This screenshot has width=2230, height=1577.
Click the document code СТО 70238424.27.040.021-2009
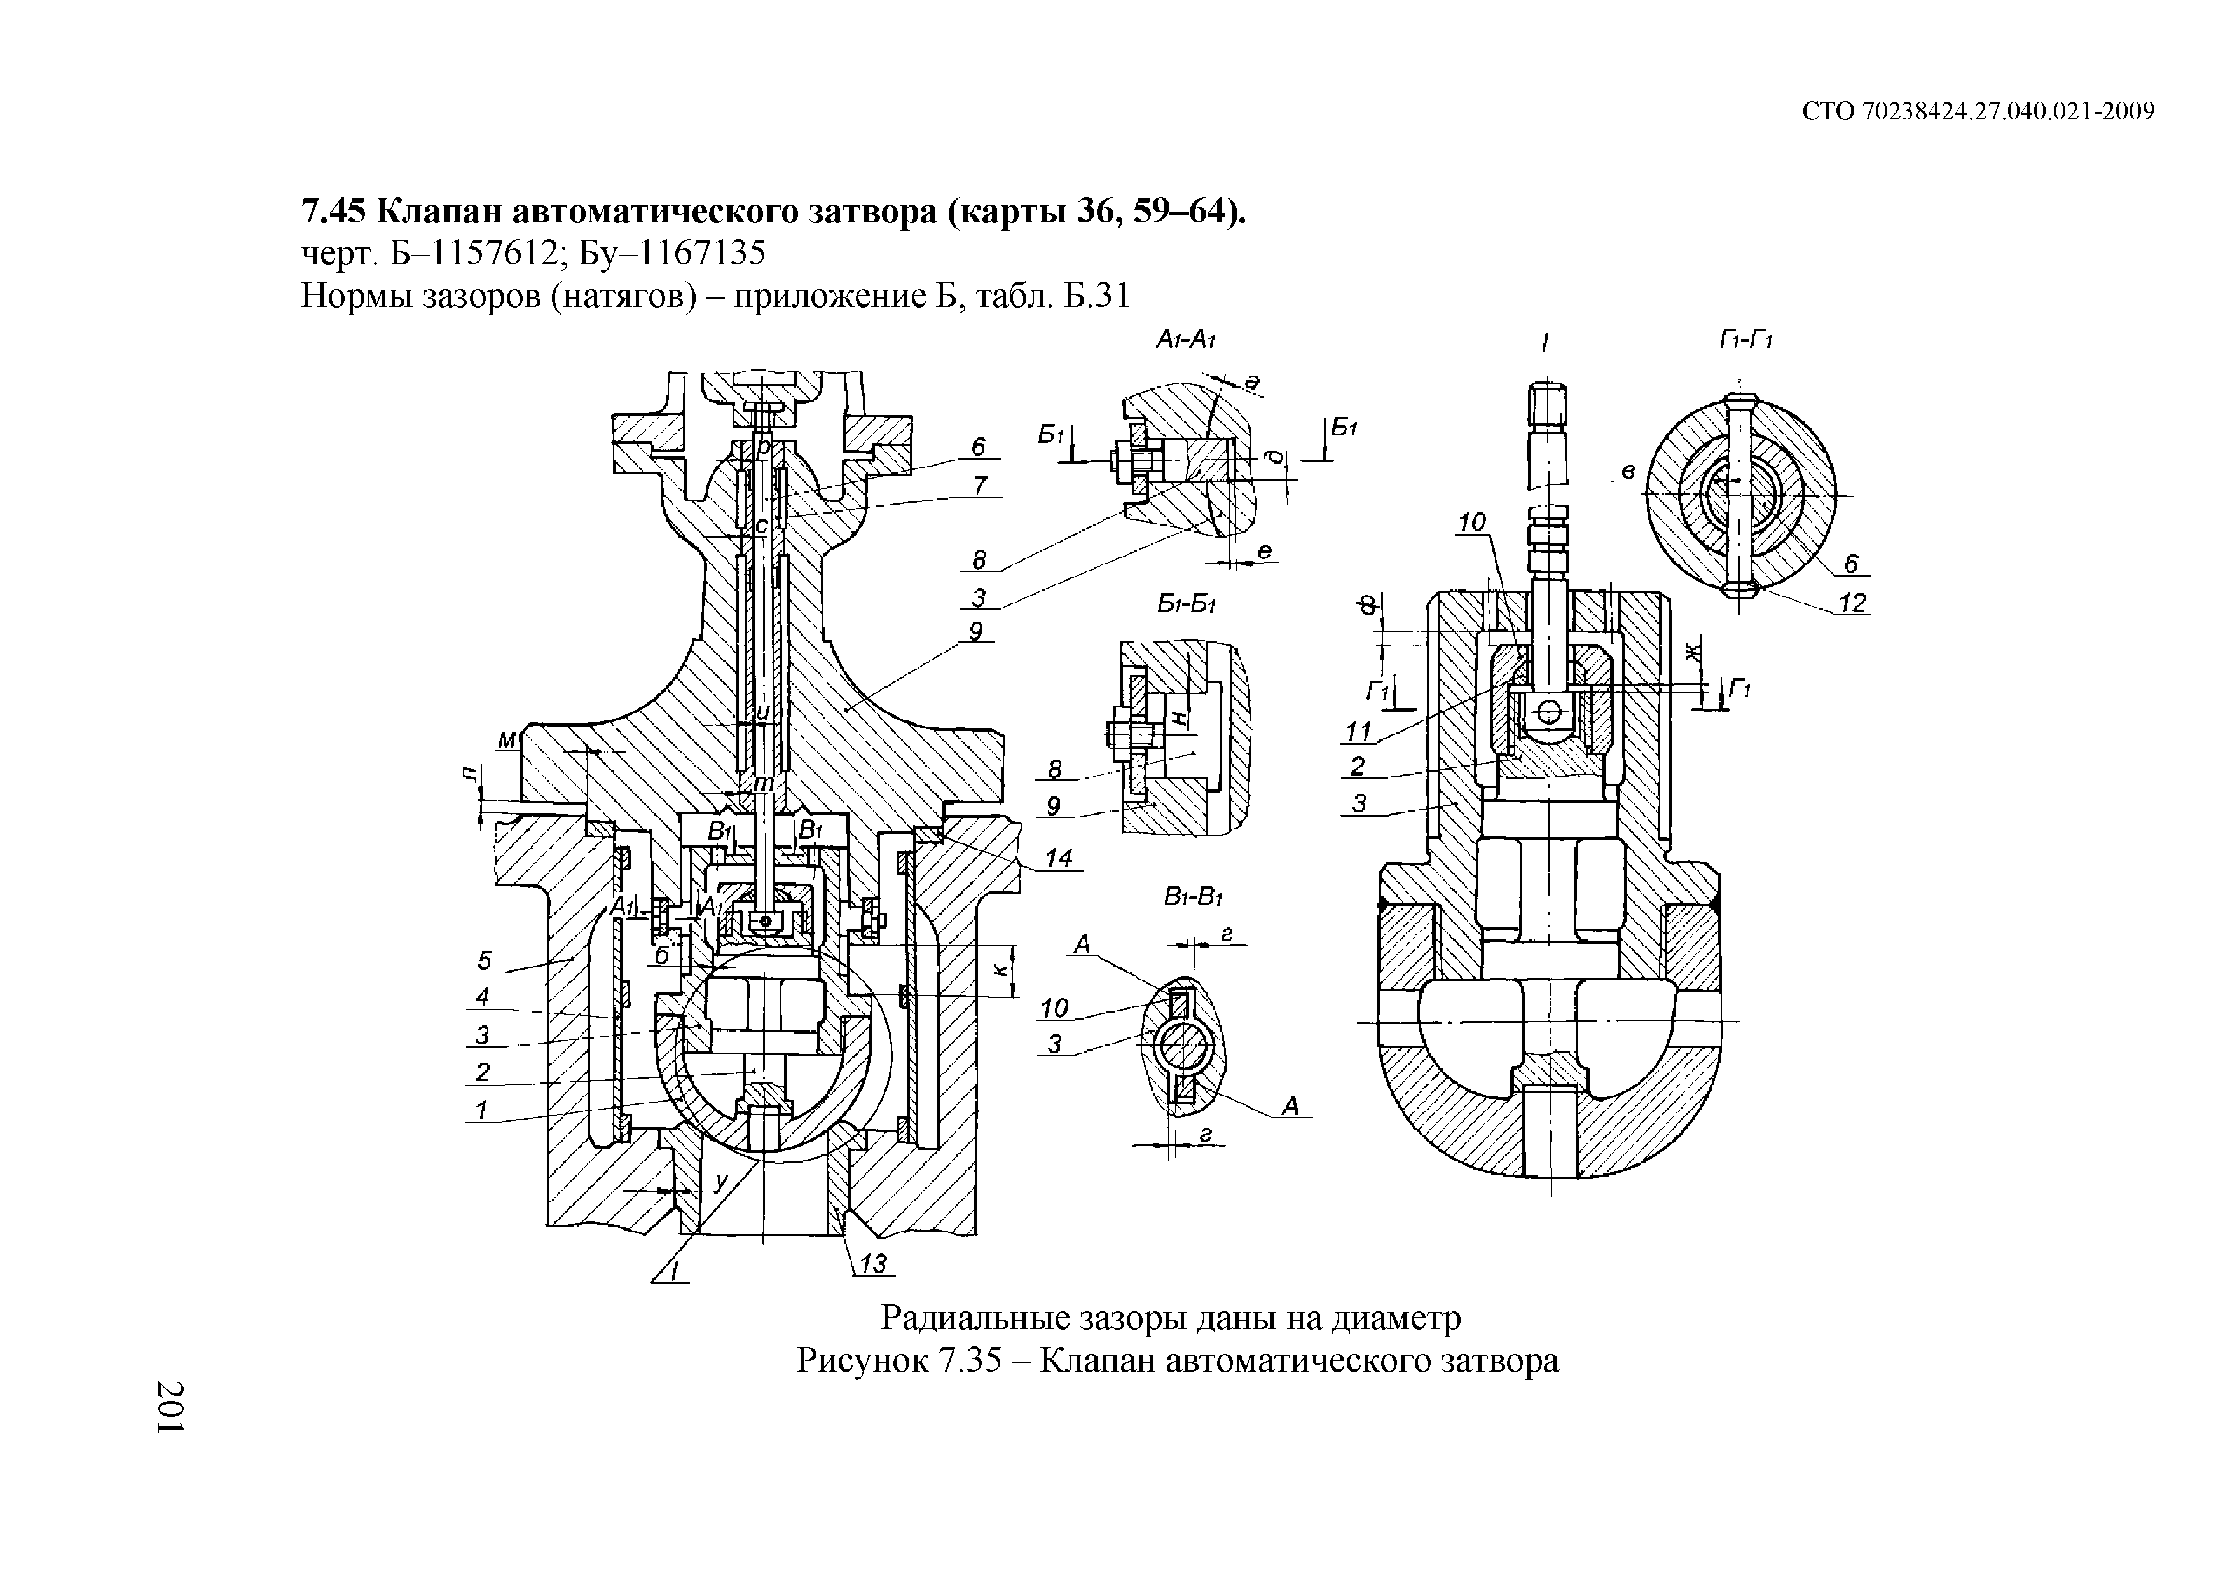click(x=1978, y=112)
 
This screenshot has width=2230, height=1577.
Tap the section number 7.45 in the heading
click(x=333, y=210)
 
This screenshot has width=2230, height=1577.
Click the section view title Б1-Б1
click(x=1187, y=604)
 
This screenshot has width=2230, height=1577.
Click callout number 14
click(x=1059, y=857)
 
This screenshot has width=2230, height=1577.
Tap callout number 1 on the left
click(x=480, y=1109)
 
